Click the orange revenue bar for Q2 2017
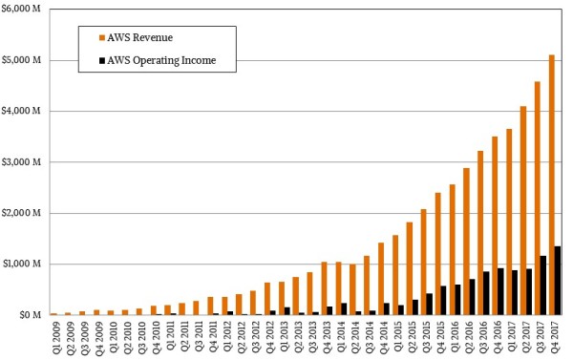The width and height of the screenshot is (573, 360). click(522, 210)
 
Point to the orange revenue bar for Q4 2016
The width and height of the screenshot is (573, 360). click(494, 225)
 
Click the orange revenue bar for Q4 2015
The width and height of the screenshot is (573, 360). click(437, 253)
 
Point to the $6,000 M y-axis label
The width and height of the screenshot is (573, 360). click(22, 10)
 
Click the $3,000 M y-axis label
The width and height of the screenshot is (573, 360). click(22, 162)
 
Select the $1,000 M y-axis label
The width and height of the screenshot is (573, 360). click(22, 264)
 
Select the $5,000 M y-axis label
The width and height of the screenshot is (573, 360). click(22, 60)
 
